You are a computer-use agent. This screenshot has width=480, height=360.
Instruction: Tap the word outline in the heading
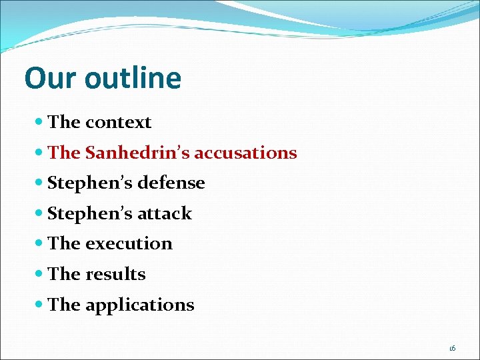click(x=133, y=78)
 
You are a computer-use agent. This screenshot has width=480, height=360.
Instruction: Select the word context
click(x=118, y=122)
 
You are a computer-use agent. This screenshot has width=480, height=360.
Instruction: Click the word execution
click(x=129, y=243)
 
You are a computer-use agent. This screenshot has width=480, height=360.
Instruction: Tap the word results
click(x=115, y=274)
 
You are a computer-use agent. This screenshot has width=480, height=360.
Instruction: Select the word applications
click(x=139, y=305)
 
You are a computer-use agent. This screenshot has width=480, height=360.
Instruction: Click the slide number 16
click(x=452, y=348)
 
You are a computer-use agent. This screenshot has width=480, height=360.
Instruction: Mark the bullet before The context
click(x=40, y=123)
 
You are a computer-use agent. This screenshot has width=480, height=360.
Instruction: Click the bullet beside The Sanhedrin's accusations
click(x=40, y=153)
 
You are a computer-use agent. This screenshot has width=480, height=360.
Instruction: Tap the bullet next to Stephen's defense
click(x=40, y=183)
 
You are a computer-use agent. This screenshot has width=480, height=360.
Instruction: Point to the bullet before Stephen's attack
click(x=40, y=214)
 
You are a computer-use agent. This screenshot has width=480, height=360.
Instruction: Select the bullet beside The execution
click(x=40, y=244)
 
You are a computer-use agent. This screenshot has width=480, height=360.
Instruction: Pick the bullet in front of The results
click(x=40, y=275)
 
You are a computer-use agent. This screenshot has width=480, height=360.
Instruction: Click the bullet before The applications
click(x=40, y=305)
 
